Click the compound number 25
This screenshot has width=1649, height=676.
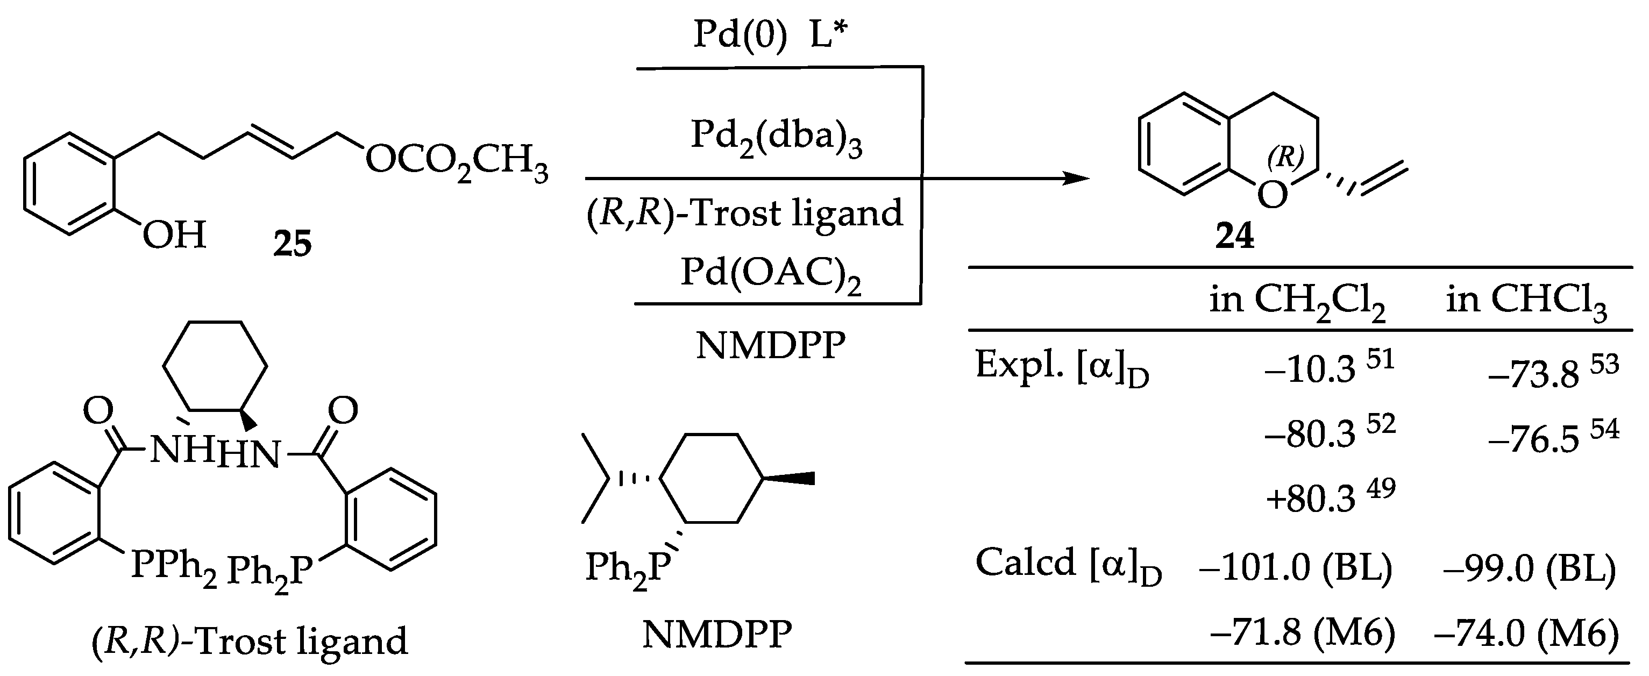coord(293,244)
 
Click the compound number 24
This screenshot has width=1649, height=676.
coord(1234,236)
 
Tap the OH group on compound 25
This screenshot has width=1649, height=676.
coord(174,235)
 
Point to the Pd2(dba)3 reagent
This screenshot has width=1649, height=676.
coord(776,138)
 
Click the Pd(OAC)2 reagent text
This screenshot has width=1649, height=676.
coord(770,273)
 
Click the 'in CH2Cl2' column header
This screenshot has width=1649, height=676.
coord(1297,301)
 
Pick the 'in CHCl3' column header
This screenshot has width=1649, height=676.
coord(1526,301)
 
